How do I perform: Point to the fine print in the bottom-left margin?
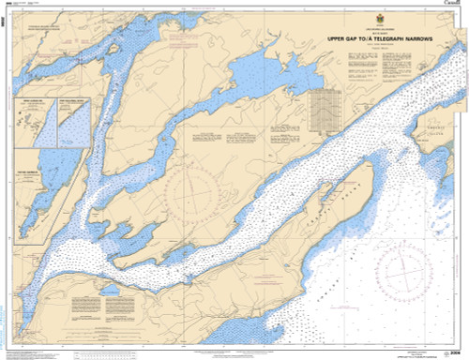click(23, 353)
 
